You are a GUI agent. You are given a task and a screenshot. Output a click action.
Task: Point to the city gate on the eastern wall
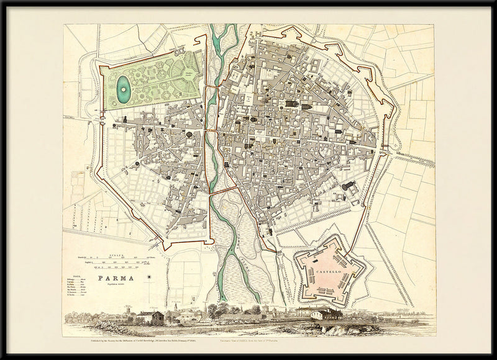click(385, 151)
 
